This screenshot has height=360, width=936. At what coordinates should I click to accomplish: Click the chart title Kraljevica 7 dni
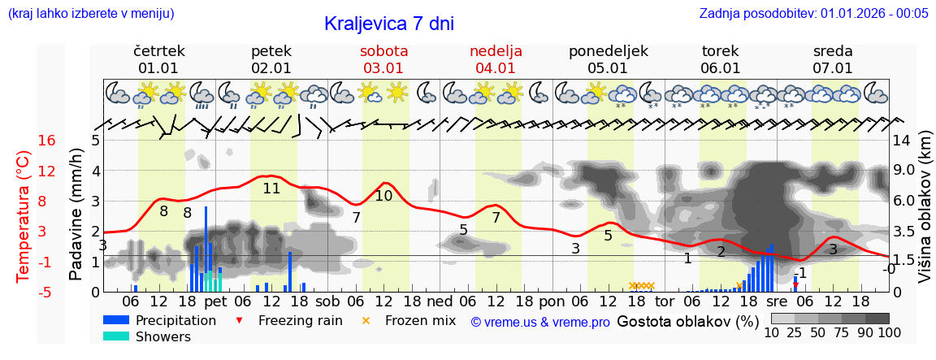tap(388, 24)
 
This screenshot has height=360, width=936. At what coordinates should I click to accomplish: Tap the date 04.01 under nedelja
tap(496, 68)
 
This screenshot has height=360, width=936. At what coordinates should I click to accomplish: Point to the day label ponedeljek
tap(608, 51)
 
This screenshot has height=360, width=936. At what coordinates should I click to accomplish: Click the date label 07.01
tap(833, 68)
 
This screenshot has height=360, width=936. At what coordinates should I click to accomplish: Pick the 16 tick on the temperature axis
tap(47, 141)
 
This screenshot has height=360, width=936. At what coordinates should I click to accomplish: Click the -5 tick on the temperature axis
tap(47, 292)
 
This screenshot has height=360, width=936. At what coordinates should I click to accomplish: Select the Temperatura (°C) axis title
tap(24, 216)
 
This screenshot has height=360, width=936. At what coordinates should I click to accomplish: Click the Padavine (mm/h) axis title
tap(76, 215)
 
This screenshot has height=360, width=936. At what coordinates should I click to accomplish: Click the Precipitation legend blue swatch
tap(116, 320)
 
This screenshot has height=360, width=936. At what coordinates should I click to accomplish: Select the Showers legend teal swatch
tap(116, 336)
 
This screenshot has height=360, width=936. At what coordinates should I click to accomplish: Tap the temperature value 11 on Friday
tap(271, 189)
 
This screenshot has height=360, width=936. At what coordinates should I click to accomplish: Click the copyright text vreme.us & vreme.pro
tap(540, 322)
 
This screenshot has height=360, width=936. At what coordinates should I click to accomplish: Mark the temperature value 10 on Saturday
tap(383, 196)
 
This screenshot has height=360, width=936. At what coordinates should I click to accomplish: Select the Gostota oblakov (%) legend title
tap(687, 321)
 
